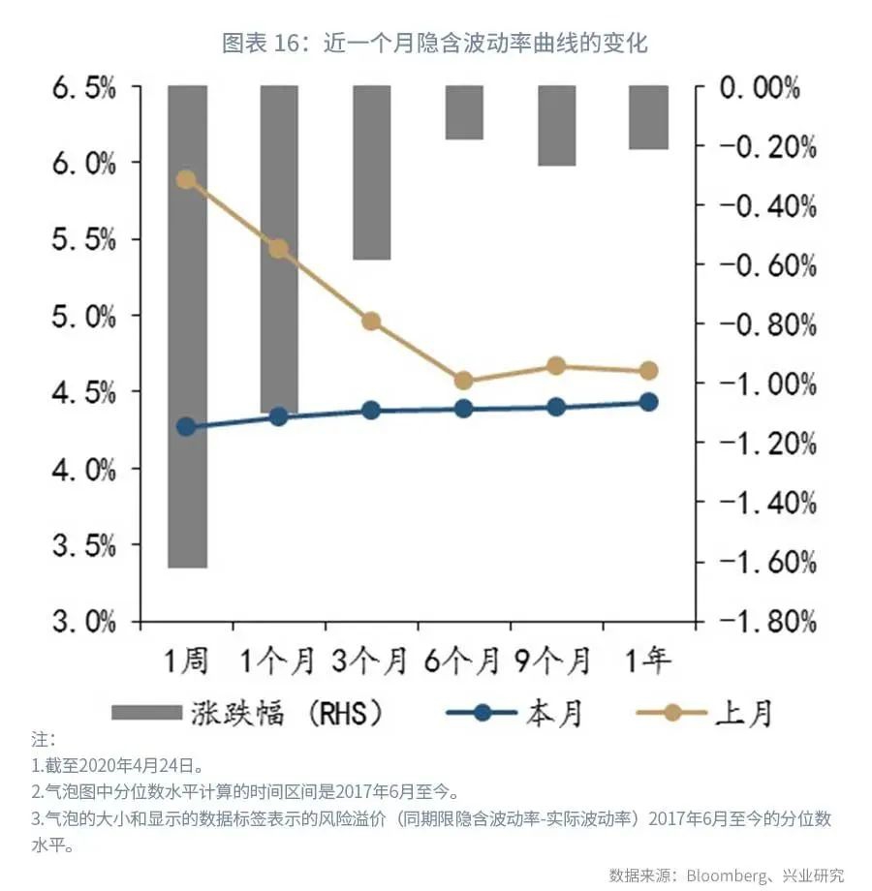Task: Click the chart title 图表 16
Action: [435, 44]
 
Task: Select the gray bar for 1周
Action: [187, 325]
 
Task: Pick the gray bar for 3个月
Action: [371, 172]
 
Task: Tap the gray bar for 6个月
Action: [464, 112]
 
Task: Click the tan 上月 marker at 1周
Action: [186, 179]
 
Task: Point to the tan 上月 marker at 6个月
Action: [463, 381]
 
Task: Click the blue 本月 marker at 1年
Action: [648, 402]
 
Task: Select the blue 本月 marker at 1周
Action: [186, 427]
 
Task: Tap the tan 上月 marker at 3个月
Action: [371, 322]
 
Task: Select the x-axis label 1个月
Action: [278, 661]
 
